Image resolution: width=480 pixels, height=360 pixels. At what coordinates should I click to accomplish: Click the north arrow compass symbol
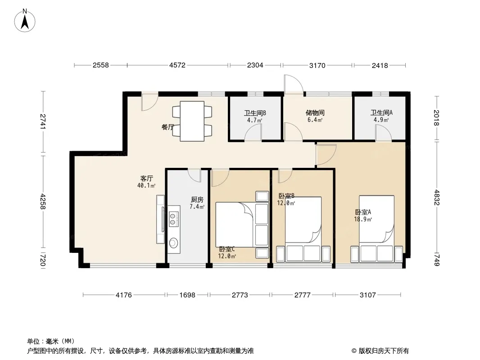(x=25, y=20)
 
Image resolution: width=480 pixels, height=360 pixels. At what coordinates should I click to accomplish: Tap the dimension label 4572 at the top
(x=177, y=65)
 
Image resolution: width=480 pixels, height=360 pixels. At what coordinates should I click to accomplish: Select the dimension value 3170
(x=317, y=65)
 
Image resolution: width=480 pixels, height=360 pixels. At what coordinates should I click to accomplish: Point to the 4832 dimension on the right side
(x=437, y=198)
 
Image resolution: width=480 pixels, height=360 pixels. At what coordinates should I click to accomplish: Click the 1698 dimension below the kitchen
(x=187, y=295)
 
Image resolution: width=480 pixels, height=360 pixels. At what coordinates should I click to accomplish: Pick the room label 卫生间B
(x=255, y=113)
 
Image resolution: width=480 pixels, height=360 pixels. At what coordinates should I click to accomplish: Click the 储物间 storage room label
(x=315, y=113)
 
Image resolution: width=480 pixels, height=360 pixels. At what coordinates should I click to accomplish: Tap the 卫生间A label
(x=381, y=113)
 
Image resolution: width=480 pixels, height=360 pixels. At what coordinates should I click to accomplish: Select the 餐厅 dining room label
(x=168, y=127)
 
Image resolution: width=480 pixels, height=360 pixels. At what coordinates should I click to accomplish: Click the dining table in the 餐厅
(x=192, y=121)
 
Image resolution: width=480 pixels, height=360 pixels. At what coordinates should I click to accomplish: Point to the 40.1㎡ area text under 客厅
(x=146, y=186)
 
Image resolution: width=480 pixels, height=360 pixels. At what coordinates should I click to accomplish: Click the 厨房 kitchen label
(x=197, y=200)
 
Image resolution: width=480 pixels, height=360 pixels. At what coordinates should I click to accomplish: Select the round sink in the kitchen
(x=173, y=243)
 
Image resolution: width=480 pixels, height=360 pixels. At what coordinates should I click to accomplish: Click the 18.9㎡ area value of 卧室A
(x=363, y=219)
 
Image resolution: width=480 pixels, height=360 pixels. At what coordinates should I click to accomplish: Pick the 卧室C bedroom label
(x=227, y=249)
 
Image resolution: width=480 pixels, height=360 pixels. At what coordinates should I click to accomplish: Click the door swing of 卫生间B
(x=253, y=134)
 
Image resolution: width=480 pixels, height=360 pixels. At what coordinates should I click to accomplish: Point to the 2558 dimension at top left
(x=101, y=65)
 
